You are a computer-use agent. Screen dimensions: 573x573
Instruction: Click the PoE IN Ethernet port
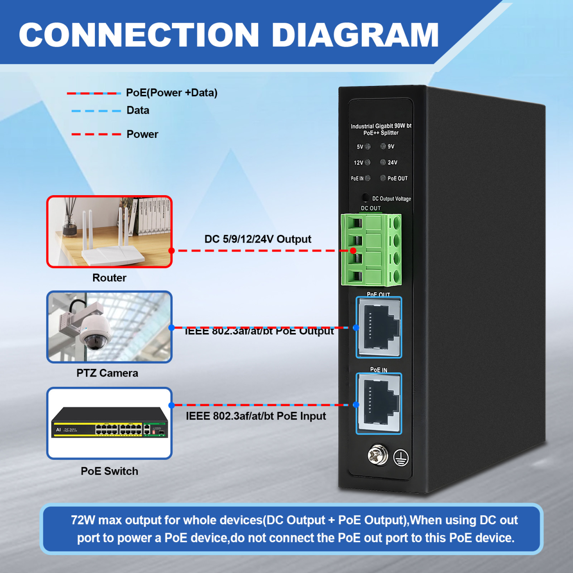(379, 404)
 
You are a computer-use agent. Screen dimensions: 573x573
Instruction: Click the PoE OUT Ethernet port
(379, 328)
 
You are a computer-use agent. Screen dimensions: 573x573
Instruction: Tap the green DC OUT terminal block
(371, 250)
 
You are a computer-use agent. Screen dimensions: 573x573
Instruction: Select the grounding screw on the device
(378, 455)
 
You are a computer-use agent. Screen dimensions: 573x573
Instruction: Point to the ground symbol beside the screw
(401, 458)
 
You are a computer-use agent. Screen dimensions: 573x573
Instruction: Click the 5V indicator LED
(368, 146)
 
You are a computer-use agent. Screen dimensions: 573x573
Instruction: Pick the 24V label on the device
(392, 162)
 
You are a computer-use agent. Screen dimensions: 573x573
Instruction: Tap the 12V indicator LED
(368, 162)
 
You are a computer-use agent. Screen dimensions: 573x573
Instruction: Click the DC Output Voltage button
(365, 197)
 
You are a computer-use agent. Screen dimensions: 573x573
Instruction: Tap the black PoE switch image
(110, 423)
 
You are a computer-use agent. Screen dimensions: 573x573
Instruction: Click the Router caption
(109, 278)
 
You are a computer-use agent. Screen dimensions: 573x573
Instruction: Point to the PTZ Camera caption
(107, 373)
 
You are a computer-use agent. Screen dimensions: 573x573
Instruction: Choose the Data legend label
(138, 111)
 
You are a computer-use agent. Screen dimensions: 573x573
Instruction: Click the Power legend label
(142, 134)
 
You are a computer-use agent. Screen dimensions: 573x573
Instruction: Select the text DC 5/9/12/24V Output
(257, 239)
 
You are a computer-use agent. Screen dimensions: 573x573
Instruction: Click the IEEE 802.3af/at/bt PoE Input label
(256, 416)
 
